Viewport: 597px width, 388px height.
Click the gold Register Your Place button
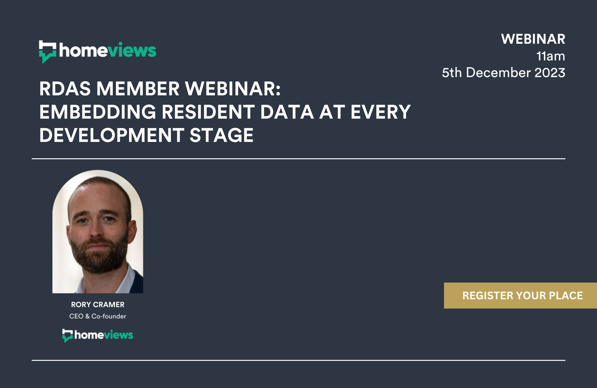tap(520, 295)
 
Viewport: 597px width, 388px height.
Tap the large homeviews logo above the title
tap(98, 52)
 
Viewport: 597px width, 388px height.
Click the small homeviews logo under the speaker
tap(98, 335)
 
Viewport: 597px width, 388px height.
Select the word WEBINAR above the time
tap(533, 39)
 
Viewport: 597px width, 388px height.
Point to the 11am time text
tap(551, 56)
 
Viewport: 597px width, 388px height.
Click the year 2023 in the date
tap(550, 73)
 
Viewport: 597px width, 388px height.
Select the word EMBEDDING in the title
tap(98, 112)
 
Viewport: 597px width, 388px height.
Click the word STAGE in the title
tap(222, 135)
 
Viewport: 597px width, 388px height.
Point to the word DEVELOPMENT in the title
tap(112, 135)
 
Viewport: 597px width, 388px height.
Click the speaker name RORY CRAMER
tap(98, 305)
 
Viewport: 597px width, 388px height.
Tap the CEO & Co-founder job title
tap(98, 316)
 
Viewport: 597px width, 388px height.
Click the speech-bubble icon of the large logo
tap(47, 52)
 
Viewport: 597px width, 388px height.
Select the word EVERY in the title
tap(381, 112)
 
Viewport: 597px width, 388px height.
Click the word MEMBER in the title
tap(138, 89)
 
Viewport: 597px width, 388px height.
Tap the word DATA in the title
tap(287, 112)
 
